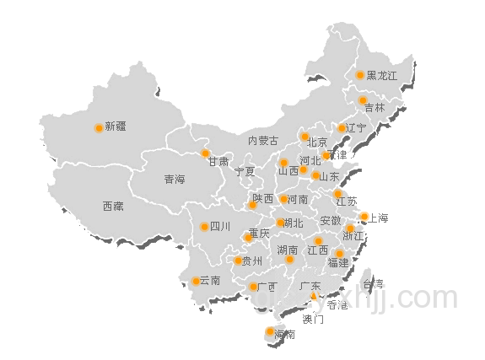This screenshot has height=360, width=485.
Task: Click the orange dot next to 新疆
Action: tap(99, 128)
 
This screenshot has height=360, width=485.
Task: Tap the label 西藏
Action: tap(113, 206)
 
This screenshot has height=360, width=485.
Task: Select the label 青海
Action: tap(175, 179)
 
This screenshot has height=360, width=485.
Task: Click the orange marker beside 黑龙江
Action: tap(360, 75)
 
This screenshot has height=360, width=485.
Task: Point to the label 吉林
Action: tap(375, 108)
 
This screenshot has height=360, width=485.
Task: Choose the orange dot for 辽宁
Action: tap(342, 128)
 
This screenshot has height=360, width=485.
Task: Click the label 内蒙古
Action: tap(262, 141)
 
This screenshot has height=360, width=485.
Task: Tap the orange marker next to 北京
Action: tap(304, 137)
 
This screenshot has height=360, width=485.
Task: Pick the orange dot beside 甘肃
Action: tap(205, 153)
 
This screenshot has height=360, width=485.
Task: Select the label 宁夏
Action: tap(245, 171)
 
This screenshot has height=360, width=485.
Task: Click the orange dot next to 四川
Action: tap(204, 226)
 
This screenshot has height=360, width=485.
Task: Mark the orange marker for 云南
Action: tap(196, 281)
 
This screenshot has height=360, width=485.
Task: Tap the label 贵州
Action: tap(252, 261)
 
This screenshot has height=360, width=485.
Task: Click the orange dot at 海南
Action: tap(270, 331)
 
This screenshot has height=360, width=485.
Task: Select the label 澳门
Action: tap(313, 320)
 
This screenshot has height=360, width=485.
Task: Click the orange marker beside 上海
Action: tap(364, 217)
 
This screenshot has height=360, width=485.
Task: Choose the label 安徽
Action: tap(331, 221)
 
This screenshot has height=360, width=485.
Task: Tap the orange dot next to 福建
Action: tap(339, 253)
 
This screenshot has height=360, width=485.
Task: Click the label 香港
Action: tap(337, 304)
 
